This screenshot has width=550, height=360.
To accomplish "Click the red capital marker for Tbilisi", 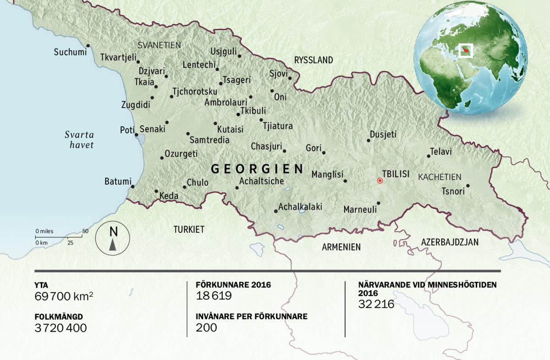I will tap(379, 181).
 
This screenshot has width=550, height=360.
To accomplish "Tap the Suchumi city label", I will tap(70, 52).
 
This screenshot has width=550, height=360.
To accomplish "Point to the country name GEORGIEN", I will tap(257, 169).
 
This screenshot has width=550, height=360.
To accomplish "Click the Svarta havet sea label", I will tap(79, 140).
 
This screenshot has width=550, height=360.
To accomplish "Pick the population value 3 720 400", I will tap(60, 328).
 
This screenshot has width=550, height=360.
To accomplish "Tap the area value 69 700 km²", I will tap(64, 296).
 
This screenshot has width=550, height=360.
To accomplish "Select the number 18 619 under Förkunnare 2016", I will tap(214, 296).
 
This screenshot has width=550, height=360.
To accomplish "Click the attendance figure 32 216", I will tap(376, 304).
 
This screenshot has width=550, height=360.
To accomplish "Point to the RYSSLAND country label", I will tap(313, 60).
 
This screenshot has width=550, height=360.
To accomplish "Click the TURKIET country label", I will tap(189, 229).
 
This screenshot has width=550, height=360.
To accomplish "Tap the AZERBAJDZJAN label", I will tap(450, 241).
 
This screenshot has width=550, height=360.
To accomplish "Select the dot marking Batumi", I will tap(133, 186).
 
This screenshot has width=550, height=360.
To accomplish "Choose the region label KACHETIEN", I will tap(440, 177).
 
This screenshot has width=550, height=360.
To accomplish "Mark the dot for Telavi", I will tap(429, 156).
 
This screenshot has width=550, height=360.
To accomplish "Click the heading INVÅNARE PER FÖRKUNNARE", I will tap(251, 316).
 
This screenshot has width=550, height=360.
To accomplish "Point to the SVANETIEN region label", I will tap(159, 45).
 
